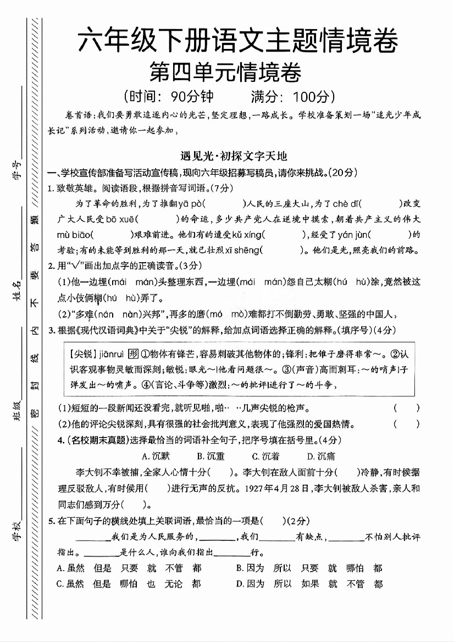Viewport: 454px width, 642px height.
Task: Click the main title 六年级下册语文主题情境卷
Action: tap(237, 42)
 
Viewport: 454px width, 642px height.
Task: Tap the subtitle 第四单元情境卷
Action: tap(225, 73)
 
